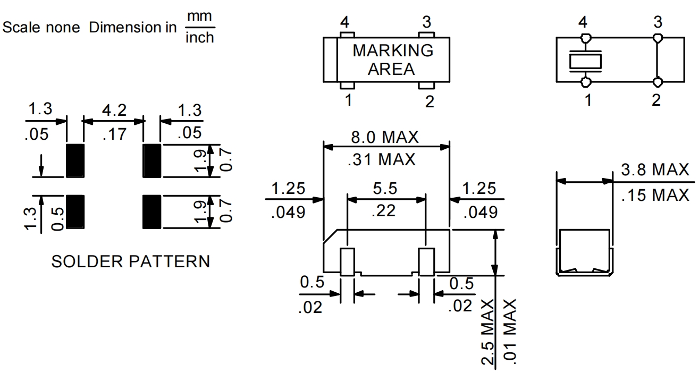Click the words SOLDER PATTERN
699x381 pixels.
point(130,261)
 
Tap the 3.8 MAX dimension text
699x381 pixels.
point(654,171)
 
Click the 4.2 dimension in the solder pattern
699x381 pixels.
point(114,111)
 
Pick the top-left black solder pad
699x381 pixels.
point(75,160)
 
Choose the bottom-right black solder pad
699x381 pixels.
point(151,211)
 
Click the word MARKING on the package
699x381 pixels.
point(393,51)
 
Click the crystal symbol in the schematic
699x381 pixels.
point(585,61)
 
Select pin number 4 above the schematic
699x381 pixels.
point(584,23)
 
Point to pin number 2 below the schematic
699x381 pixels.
point(656,100)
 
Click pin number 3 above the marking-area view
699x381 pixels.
point(426,22)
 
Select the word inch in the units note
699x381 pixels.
point(199,37)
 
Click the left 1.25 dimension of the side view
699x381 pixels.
point(289,189)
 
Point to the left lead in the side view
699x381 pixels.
point(348,261)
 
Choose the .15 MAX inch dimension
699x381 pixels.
point(654,195)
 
